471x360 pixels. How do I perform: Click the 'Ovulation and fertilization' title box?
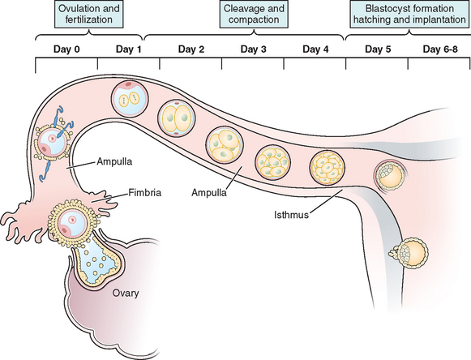[88, 14]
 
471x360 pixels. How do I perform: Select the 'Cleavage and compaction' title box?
[254, 14]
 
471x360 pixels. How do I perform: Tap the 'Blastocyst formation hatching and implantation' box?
[409, 14]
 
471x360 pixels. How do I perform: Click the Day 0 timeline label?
[66, 49]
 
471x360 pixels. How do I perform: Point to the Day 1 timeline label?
[129, 49]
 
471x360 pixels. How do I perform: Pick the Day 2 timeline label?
[191, 49]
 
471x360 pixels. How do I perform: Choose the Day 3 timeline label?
[253, 49]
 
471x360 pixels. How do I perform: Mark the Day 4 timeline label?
[315, 49]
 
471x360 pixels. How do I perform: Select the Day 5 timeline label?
[378, 49]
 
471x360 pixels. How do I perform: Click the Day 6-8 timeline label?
[440, 49]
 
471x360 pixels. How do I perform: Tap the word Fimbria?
[145, 192]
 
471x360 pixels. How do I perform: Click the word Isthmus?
[291, 215]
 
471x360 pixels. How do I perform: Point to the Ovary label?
[126, 293]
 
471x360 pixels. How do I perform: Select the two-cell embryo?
[177, 118]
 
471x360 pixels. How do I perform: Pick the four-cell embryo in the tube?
[225, 145]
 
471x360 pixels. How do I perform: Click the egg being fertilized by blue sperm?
[53, 143]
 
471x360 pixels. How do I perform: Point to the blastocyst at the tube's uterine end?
[391, 175]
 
